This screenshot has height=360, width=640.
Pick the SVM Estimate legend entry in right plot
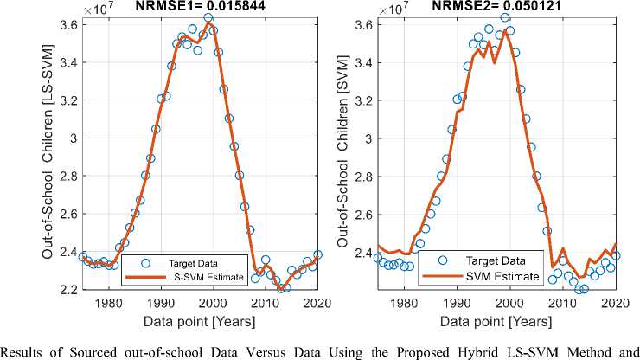click(483, 276)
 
